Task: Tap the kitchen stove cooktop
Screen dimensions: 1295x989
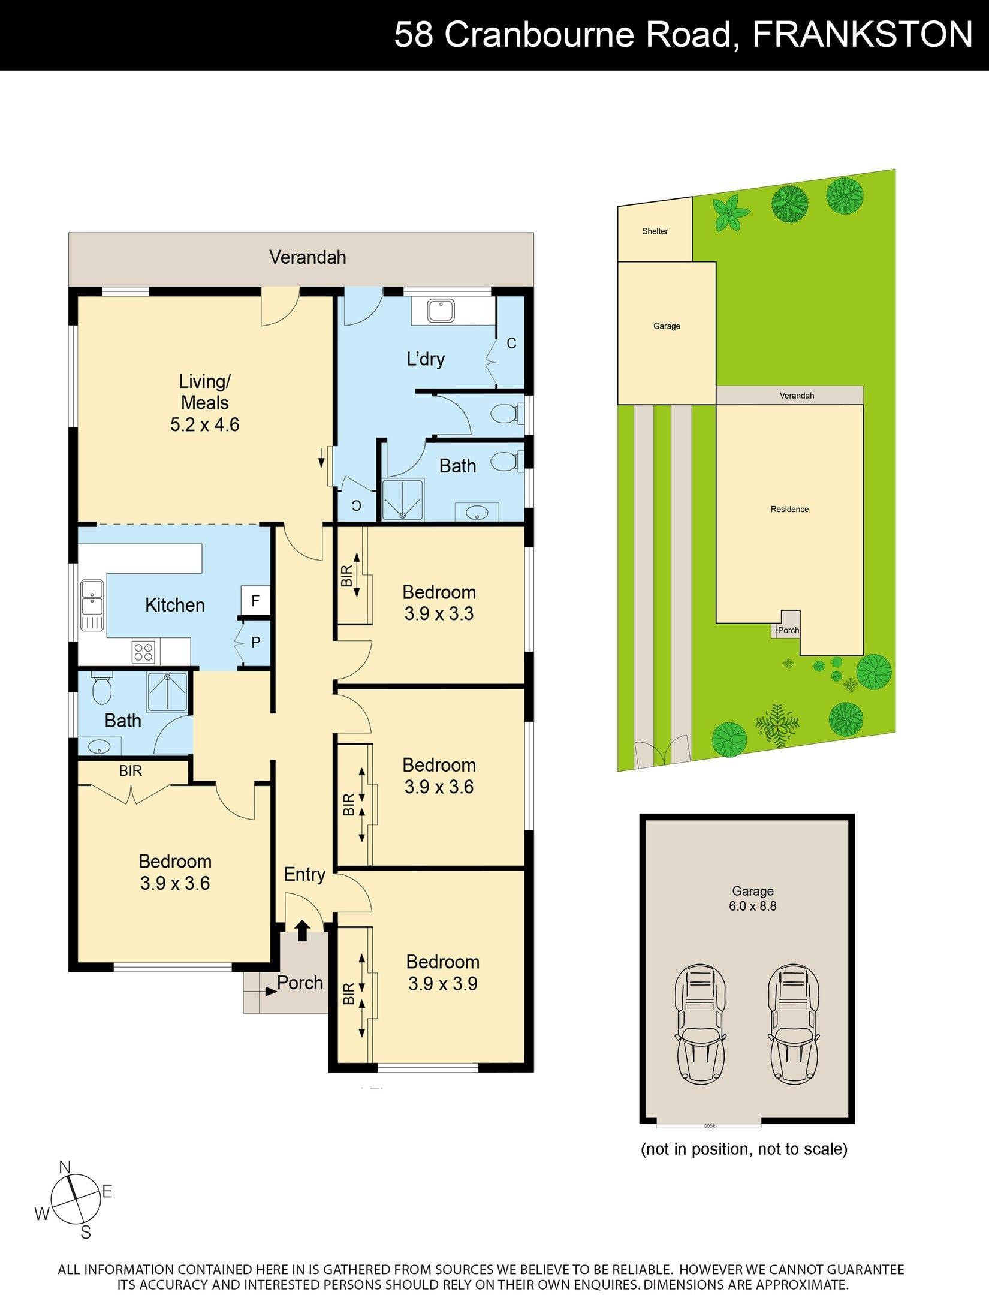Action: [x=143, y=652]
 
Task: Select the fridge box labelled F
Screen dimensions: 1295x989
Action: [x=255, y=600]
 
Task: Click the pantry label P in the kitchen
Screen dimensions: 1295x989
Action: [x=255, y=643]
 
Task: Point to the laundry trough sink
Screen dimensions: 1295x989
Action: [x=441, y=311]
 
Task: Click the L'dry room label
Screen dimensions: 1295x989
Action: [x=426, y=359]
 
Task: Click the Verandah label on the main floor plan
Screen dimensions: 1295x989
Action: [x=307, y=257]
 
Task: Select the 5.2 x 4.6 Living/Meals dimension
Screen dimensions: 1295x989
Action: [x=204, y=424]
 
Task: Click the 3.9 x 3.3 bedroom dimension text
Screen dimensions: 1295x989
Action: [x=439, y=613]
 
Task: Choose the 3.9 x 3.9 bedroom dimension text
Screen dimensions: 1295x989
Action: [x=442, y=984]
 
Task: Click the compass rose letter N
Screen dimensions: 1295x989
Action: [x=65, y=1167]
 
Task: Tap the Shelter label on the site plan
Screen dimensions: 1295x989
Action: [x=655, y=231]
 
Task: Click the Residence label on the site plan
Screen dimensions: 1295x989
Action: [x=789, y=509]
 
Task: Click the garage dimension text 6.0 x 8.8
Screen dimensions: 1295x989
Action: [x=752, y=906]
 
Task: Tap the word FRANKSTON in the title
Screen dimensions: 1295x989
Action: [x=862, y=34]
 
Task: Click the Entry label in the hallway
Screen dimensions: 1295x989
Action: [x=304, y=874]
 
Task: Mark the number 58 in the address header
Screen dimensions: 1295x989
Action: [x=414, y=34]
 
